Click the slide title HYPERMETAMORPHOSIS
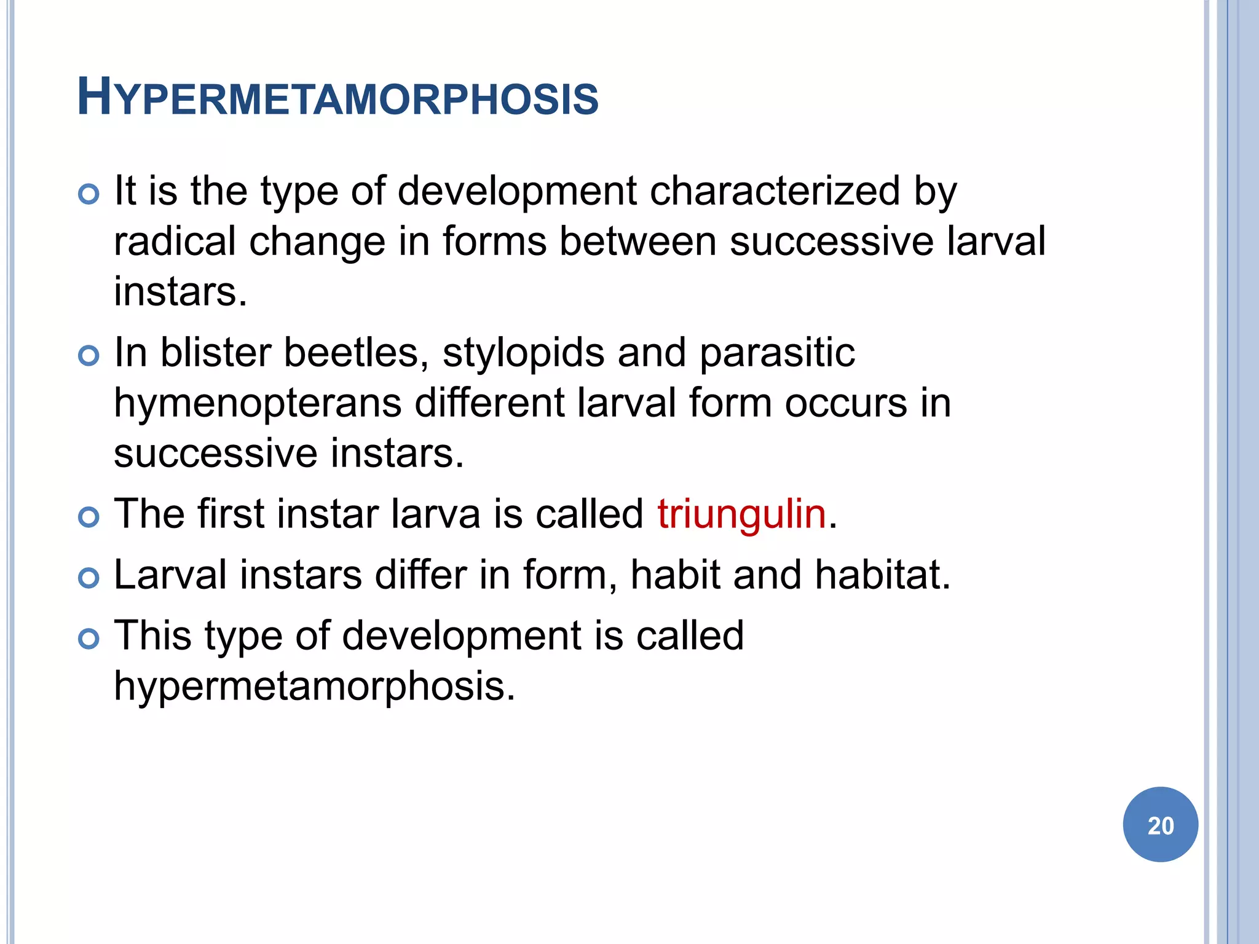tap(338, 98)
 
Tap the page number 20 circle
tap(1160, 825)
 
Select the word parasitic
tap(777, 354)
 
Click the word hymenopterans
tap(258, 404)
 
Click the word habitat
tap(882, 575)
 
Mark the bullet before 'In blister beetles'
tap(89, 356)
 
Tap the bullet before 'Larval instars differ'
tap(89, 578)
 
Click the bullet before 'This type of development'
tap(89, 639)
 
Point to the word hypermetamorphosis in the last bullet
tap(314, 686)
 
